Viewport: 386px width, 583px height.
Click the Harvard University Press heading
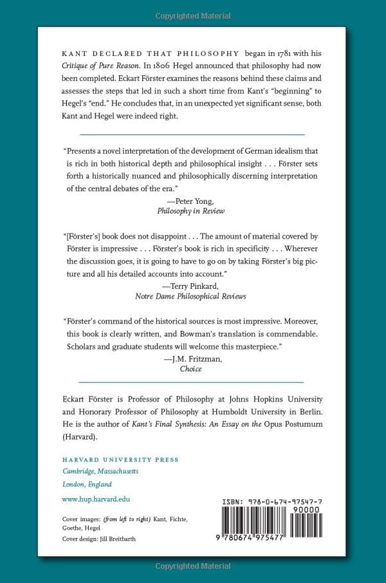click(120, 459)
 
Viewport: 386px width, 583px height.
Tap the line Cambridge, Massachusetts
click(100, 472)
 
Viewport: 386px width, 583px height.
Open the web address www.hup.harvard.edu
click(96, 499)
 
